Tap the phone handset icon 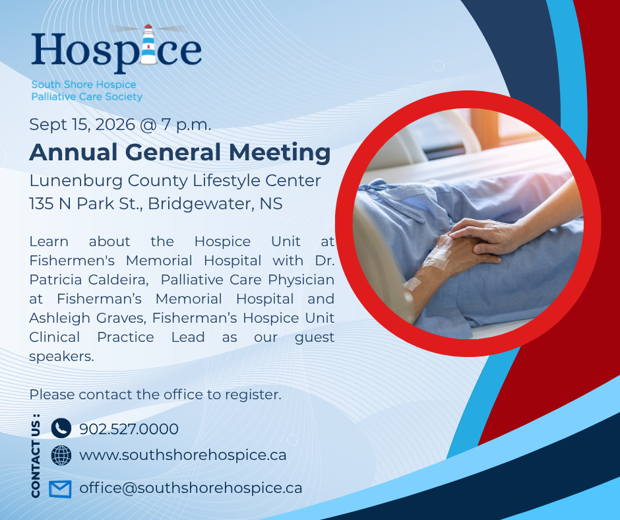pyautogui.click(x=61, y=428)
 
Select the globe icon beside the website pyautogui.click(x=61, y=455)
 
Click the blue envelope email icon pyautogui.click(x=61, y=489)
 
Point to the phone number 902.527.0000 pyautogui.click(x=129, y=429)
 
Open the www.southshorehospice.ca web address pyautogui.click(x=183, y=455)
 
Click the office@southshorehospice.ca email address pyautogui.click(x=191, y=488)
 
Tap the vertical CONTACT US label pyautogui.click(x=36, y=455)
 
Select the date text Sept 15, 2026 pyautogui.click(x=82, y=125)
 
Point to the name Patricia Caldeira pyautogui.click(x=88, y=280)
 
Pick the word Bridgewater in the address pyautogui.click(x=201, y=204)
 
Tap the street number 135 pyautogui.click(x=42, y=204)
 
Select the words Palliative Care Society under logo pyautogui.click(x=86, y=96)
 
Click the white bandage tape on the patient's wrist pyautogui.click(x=437, y=257)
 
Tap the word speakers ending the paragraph pyautogui.click(x=62, y=357)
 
